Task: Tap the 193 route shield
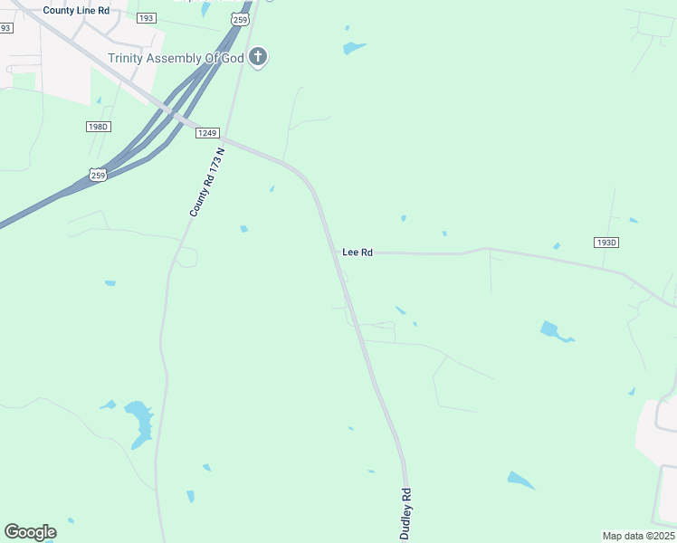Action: point(147,18)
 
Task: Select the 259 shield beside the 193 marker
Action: point(238,18)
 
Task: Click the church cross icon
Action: point(259,58)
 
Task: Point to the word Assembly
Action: point(178,58)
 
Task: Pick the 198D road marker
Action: point(99,127)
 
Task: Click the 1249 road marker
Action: point(207,133)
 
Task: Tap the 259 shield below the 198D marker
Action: point(99,174)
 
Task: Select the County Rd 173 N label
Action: point(206,183)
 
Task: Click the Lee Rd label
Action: point(358,253)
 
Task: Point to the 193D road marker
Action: point(606,243)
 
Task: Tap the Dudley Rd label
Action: point(406,514)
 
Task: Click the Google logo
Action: point(30,532)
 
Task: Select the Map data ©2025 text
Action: point(638,536)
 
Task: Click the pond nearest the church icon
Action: point(354,48)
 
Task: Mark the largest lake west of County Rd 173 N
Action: point(139,422)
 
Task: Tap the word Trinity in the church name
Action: point(127,58)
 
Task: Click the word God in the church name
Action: point(234,58)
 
